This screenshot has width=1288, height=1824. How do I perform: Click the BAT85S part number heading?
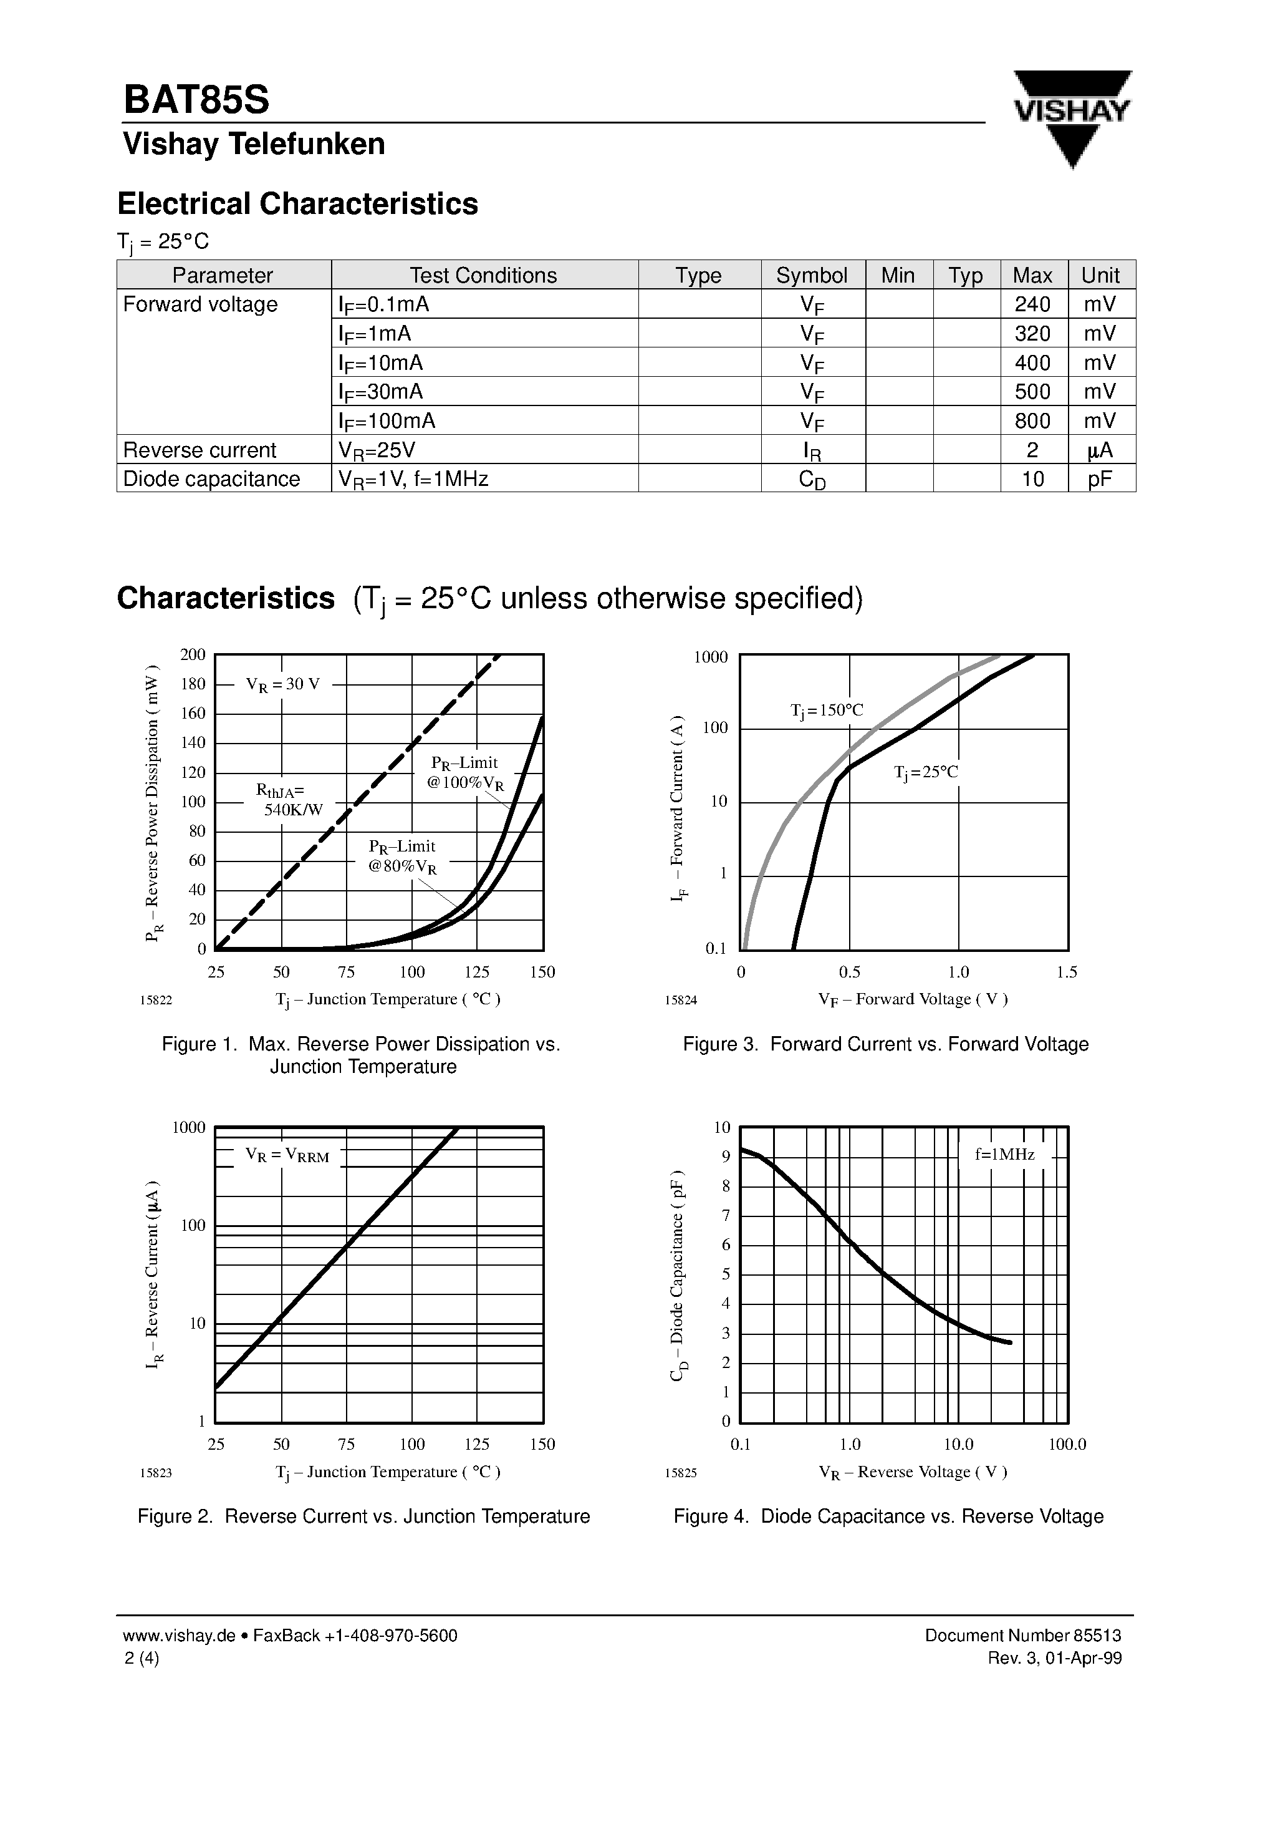(196, 100)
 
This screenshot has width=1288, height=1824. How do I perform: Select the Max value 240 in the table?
(1032, 304)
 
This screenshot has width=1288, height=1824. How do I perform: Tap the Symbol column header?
(812, 275)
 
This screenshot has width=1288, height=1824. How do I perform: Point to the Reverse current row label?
(199, 450)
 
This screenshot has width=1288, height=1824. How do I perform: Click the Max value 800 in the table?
(1032, 421)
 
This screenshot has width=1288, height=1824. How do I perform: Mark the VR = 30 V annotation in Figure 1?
(282, 684)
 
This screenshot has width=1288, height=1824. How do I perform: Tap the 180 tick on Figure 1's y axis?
(193, 684)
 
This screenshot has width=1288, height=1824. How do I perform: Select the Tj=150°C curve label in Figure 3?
(827, 711)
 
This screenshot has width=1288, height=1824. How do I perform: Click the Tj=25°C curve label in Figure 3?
(926, 772)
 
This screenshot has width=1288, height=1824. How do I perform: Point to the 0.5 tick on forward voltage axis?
(849, 973)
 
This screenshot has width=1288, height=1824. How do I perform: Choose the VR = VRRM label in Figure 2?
(287, 1156)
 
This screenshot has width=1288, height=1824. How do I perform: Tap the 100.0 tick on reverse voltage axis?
(1067, 1444)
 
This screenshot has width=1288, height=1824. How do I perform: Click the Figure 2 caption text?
(363, 1516)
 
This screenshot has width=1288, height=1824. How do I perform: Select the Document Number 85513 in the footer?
(1023, 1636)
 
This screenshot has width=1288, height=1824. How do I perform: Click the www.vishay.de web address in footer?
(180, 1636)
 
